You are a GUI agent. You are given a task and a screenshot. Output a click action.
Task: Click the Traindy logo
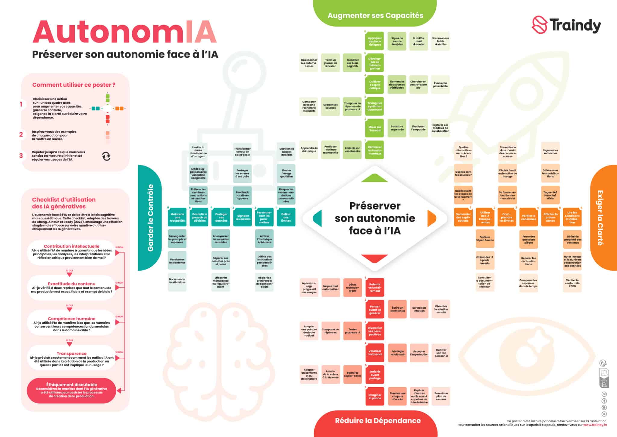[x=566, y=26]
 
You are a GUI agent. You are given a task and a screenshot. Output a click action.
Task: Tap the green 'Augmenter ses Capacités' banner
[x=375, y=15]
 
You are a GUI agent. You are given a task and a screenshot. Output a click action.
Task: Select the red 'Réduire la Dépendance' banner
[x=377, y=420]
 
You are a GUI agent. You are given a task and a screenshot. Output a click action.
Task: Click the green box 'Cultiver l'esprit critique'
[x=375, y=85]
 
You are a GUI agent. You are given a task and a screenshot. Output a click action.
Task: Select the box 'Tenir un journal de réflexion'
[x=330, y=63]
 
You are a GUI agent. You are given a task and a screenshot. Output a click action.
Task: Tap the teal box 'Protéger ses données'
[x=221, y=217]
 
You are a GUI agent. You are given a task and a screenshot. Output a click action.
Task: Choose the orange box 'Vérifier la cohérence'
[x=529, y=217]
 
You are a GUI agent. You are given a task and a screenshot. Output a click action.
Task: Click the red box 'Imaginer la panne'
[x=375, y=396]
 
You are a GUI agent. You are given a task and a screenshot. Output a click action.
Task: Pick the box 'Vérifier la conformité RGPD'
[x=572, y=283]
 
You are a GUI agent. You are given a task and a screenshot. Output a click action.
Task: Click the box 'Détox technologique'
[x=352, y=288]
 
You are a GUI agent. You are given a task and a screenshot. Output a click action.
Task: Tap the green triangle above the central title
[x=374, y=178]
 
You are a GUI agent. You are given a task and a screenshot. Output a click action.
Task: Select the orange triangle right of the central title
[x=431, y=218]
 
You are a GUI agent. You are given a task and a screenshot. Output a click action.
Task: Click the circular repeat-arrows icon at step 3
[x=106, y=156]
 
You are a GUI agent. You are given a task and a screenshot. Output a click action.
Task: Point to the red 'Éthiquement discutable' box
[x=71, y=390]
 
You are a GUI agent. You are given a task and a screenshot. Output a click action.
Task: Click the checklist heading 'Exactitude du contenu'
[x=71, y=284]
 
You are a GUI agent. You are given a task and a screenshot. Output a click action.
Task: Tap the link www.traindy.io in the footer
[x=595, y=425]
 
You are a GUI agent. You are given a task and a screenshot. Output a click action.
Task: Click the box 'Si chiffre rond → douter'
[x=418, y=41]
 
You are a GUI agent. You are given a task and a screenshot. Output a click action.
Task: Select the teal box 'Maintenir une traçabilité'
[x=177, y=217]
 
